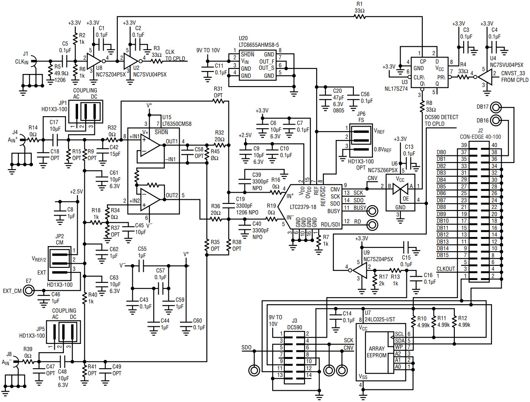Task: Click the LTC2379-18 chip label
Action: coord(303,207)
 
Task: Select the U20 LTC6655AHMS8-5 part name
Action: coord(259,45)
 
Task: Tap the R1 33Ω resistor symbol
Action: coord(360,17)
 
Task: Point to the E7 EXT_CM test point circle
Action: coord(29,290)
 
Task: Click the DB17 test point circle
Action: coord(495,107)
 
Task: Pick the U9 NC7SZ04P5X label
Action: coord(378,259)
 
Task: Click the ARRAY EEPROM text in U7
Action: coord(377,352)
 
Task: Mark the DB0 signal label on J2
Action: coord(441,153)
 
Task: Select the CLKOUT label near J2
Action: coord(446,269)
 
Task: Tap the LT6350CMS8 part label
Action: coord(177,124)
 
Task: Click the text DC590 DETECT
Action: coord(441,117)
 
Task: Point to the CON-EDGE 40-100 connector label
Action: coord(480,137)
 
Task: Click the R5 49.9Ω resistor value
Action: coord(61,73)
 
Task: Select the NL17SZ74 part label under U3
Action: coord(396,89)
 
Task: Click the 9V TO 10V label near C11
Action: coord(208,51)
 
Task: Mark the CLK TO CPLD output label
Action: coord(175,56)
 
